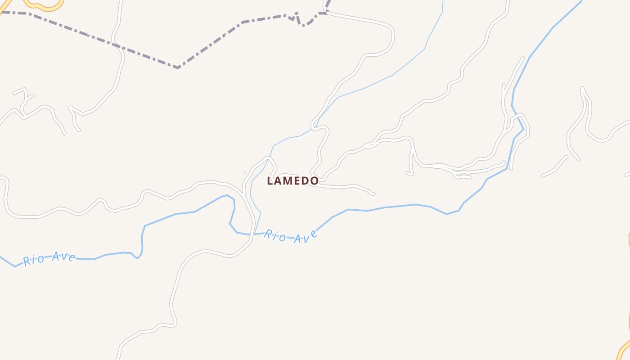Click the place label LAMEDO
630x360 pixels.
(x=292, y=181)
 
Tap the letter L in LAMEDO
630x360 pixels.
(x=270, y=181)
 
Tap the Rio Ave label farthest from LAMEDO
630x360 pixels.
(x=49, y=258)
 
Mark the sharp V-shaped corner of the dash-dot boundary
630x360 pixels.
(x=178, y=67)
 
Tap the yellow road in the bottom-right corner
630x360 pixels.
(x=623, y=349)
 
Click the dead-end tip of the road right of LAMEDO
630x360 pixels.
(x=373, y=193)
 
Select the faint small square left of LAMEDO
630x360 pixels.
(x=245, y=172)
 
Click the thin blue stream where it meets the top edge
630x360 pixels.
(x=443, y=1)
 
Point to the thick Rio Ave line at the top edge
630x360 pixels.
(x=580, y=1)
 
